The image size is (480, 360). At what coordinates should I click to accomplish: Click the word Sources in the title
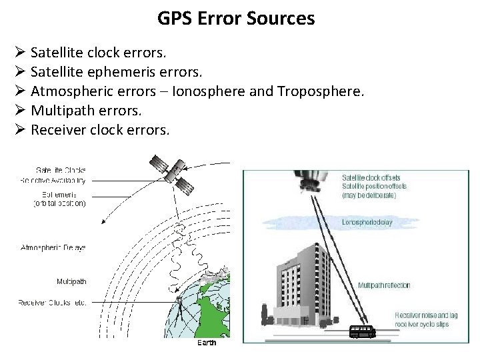coord(283,18)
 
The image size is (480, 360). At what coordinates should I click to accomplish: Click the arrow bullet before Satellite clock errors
coord(19,51)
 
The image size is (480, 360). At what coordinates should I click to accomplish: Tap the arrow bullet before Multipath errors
coord(19,109)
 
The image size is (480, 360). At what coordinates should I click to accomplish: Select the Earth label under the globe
coord(207,343)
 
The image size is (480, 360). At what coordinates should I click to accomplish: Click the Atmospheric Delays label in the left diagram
coord(53,247)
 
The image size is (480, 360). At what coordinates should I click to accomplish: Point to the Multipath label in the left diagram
coord(71,282)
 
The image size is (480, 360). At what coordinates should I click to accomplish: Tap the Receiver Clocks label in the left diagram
coord(52,303)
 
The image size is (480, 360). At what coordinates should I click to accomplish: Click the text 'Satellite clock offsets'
coord(371,178)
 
